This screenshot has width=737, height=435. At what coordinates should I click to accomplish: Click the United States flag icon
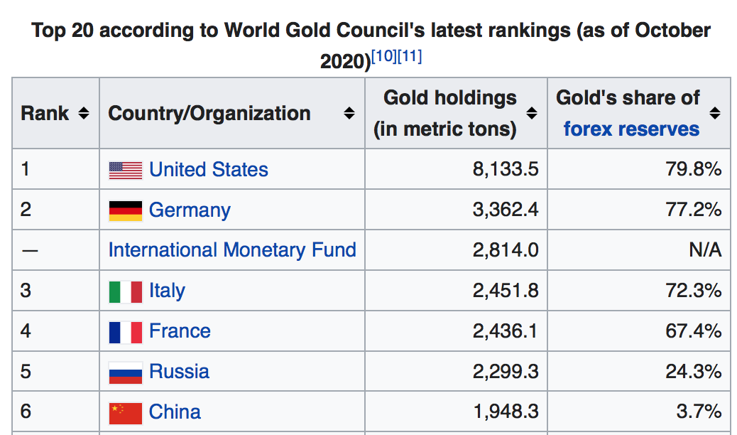click(x=126, y=171)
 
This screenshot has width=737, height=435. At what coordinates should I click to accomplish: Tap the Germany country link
click(x=190, y=210)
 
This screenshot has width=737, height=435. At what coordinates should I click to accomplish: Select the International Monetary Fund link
click(x=232, y=250)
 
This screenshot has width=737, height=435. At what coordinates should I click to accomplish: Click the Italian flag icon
click(x=126, y=291)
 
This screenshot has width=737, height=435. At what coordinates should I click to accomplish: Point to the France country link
click(x=180, y=331)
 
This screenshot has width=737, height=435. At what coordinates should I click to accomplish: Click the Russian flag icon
click(x=126, y=372)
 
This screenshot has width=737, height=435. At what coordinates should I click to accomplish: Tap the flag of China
click(x=126, y=412)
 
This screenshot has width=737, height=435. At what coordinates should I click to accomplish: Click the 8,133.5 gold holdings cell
click(x=506, y=170)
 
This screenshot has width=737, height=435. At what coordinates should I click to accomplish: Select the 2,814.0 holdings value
click(x=506, y=250)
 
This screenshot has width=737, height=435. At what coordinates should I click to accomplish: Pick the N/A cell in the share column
click(x=705, y=250)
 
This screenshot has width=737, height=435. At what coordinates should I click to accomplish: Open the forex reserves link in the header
click(x=631, y=129)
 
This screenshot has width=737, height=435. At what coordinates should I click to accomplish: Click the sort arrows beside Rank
click(x=84, y=114)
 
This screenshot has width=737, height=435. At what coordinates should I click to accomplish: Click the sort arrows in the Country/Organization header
click(x=349, y=114)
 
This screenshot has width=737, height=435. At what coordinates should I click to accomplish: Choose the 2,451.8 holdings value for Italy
click(x=506, y=291)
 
